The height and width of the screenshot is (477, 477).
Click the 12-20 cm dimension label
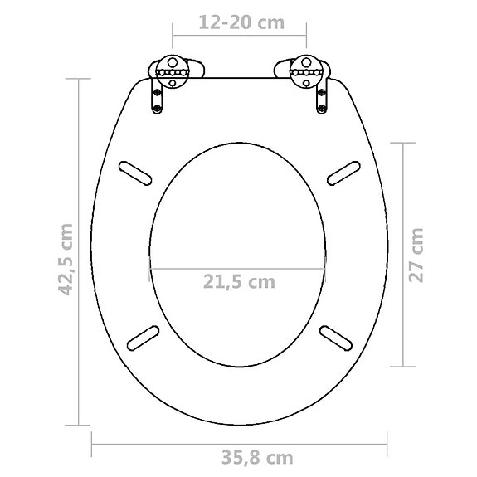241,22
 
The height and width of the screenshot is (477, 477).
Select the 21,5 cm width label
238,282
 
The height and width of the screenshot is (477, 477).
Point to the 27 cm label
417,254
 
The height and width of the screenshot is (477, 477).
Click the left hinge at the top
170,73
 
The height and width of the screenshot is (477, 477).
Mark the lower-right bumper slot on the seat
336,337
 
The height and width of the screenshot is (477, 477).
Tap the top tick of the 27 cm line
403,143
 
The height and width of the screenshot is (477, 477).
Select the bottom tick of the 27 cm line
403,366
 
